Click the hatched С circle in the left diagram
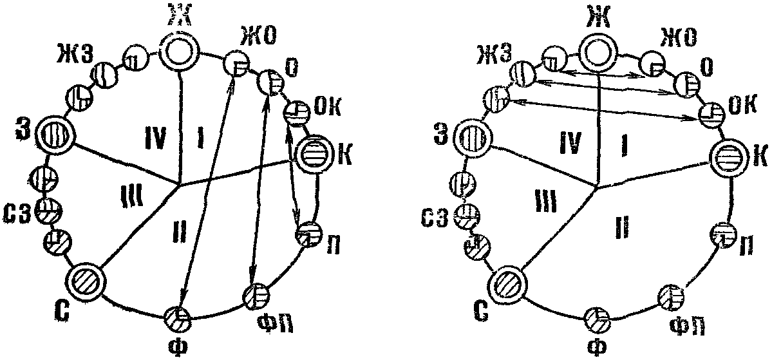87,281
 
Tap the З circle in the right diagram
474,138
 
